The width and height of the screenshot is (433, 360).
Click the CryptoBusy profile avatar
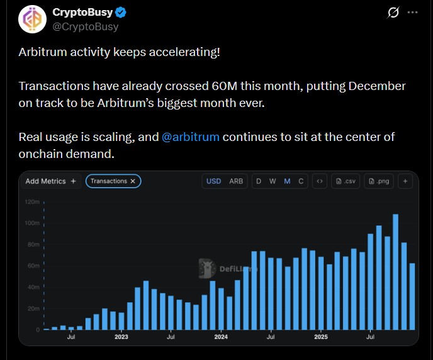point(32,19)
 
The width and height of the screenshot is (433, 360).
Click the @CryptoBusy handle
point(86,26)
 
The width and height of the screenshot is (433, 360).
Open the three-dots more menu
point(412,13)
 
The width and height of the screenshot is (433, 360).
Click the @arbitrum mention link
point(191,137)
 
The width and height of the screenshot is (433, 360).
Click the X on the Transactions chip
point(133,181)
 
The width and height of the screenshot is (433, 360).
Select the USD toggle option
point(214,181)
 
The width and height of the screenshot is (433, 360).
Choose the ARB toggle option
point(236,181)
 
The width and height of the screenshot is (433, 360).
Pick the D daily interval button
point(258,181)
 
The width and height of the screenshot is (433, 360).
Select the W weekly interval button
point(273,181)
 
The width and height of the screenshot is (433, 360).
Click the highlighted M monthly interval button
point(287,181)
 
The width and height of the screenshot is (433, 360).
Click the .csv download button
point(347,181)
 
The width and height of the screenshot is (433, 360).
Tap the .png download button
point(380,181)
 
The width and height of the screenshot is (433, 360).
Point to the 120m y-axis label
point(32,202)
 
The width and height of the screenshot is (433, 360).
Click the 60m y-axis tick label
point(33,266)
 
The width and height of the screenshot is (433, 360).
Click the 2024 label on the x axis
point(220,337)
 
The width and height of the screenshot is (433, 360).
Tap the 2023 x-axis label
point(121,337)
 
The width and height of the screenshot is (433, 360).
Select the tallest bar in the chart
point(395,272)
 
